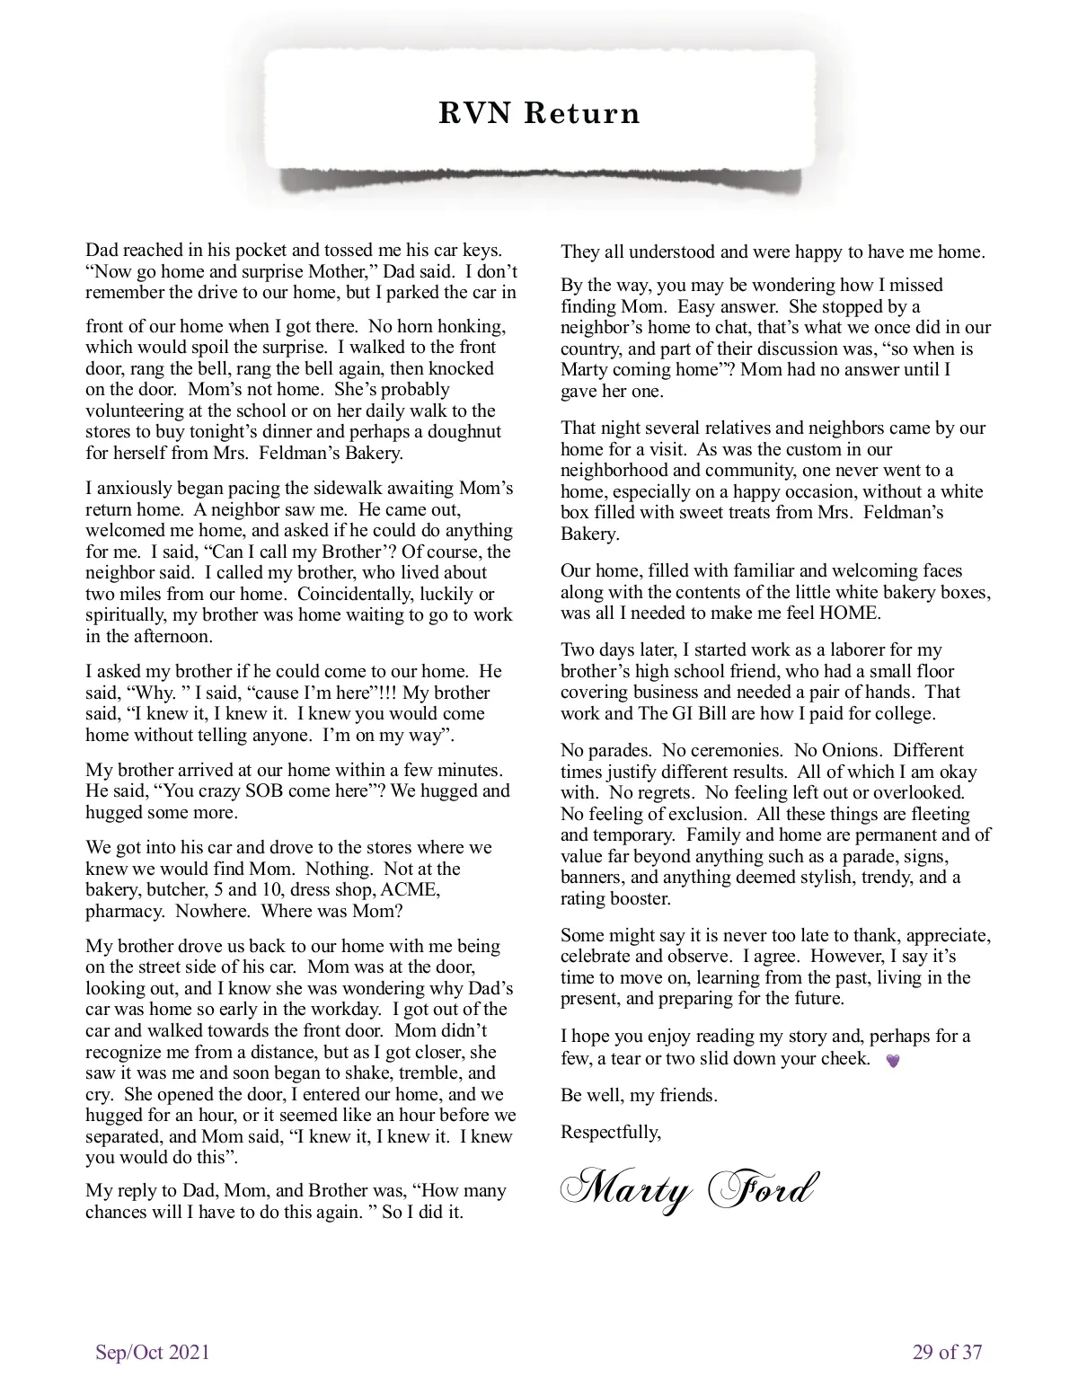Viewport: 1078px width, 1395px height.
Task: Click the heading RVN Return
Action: click(x=539, y=114)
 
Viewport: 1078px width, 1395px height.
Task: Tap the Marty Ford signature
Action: click(x=689, y=1189)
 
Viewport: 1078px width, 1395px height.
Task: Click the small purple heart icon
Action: click(x=892, y=1061)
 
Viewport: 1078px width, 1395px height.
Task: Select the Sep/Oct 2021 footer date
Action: click(x=153, y=1352)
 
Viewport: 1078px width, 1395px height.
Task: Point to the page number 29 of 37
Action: click(x=947, y=1352)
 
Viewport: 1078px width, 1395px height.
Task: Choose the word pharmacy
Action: click(x=123, y=912)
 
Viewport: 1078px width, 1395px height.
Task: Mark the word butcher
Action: click(x=180, y=890)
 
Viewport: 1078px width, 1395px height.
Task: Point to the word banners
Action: click(x=593, y=878)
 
